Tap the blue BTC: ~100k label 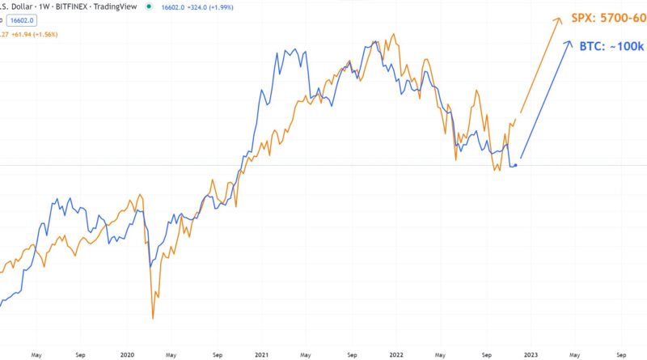(x=611, y=47)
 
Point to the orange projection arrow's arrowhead (x=560, y=18)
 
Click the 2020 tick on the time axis (x=126, y=354)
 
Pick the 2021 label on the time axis (x=261, y=354)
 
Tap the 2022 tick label (x=396, y=354)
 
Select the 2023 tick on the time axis (x=530, y=354)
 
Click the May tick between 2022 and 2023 (x=440, y=354)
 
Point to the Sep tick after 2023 (x=620, y=354)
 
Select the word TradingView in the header (x=117, y=7)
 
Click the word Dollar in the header (x=19, y=7)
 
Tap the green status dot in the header (x=149, y=7)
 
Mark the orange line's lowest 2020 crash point (x=153, y=318)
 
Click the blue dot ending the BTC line (x=516, y=165)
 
